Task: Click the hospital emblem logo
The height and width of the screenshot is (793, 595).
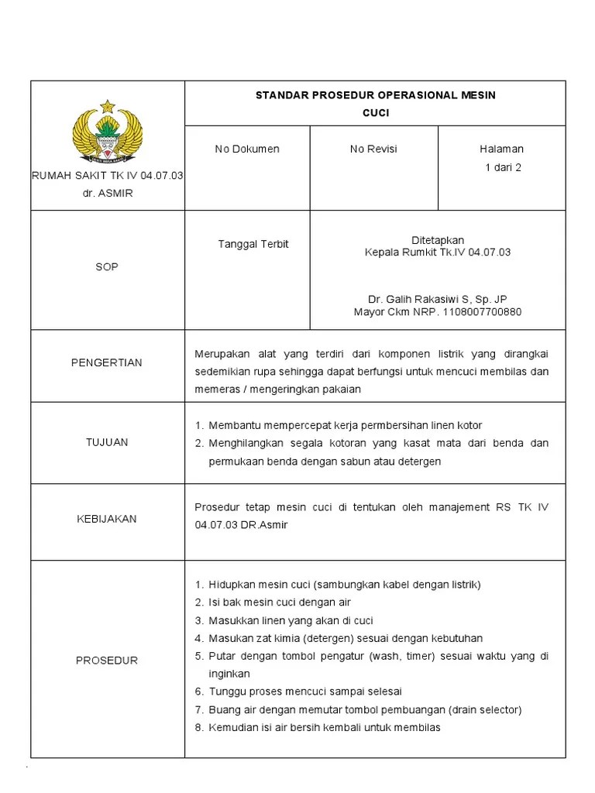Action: point(107,133)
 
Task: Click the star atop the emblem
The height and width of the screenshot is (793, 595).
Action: point(107,106)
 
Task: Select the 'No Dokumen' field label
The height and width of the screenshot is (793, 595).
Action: point(247,149)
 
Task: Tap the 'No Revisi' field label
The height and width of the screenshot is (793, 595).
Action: point(373,149)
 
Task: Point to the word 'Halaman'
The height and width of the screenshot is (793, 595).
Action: point(502,149)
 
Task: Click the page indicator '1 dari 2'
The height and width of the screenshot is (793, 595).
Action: point(503,166)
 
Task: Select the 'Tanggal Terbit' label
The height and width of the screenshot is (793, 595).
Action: point(253,244)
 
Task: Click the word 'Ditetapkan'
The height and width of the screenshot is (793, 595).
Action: point(438,240)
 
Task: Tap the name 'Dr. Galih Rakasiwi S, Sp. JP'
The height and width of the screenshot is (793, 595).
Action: point(438,300)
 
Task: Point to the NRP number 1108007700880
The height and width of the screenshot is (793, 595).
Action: point(481,312)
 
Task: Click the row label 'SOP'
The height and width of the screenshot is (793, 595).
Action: point(107,266)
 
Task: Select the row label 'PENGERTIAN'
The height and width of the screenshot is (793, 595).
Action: point(107,362)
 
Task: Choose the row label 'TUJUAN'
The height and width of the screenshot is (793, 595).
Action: point(107,442)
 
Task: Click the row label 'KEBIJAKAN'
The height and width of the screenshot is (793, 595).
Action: point(107,519)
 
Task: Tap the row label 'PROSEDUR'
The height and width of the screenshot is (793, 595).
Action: point(107,661)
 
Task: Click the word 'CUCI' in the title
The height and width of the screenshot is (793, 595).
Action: point(376,112)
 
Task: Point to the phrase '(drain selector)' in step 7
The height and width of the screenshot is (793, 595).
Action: point(486,709)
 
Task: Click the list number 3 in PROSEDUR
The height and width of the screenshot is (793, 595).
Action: point(198,620)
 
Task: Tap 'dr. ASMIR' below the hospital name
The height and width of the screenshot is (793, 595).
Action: point(107,193)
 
